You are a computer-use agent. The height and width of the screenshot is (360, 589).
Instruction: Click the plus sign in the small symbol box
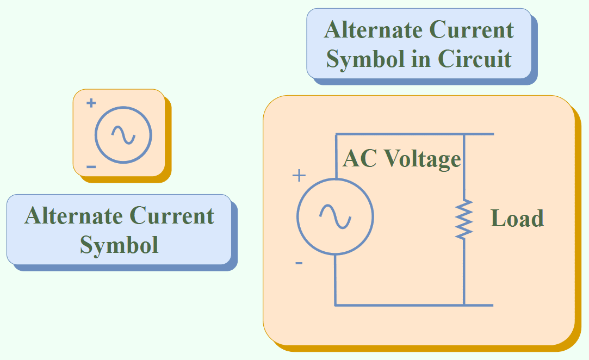pos(91,103)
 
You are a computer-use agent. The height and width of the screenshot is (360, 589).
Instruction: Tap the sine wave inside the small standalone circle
pos(123,135)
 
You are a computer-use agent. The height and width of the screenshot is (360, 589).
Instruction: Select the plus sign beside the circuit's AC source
pos(299,176)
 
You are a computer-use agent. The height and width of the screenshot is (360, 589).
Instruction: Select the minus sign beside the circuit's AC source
pos(299,263)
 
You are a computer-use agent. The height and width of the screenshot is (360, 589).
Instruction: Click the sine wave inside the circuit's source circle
pos(335,216)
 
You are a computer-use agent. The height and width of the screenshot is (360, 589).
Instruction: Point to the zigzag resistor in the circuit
pos(464,219)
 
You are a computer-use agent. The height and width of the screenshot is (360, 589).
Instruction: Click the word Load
pos(517,219)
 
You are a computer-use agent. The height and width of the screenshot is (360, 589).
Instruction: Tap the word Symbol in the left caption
pos(119,245)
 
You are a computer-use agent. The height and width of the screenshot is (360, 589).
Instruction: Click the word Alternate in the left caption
pos(74,216)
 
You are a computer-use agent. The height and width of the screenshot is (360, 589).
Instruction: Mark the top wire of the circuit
pos(413,134)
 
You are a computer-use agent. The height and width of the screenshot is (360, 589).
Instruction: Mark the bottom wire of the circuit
pos(413,305)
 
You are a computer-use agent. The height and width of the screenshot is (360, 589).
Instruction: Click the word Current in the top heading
pos(472,30)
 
